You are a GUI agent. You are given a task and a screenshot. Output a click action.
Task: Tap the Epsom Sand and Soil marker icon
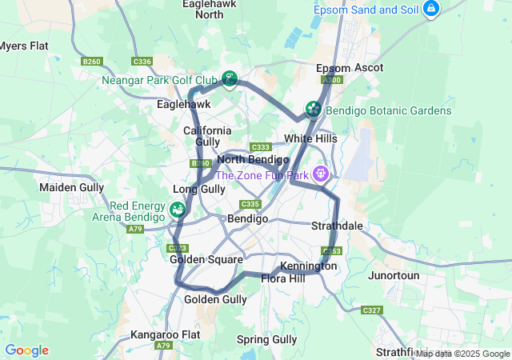coord(431,9)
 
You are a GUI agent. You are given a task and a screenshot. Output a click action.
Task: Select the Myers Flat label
coord(23,46)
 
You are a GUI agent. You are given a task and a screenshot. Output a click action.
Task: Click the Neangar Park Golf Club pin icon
coord(230,78)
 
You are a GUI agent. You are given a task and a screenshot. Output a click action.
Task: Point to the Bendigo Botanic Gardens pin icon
coord(314,108)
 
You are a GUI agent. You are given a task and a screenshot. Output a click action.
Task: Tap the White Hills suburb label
coord(310,138)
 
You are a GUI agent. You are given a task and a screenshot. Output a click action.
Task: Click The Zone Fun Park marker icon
coord(322,173)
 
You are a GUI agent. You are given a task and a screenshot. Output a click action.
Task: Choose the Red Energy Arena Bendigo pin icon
coord(178,210)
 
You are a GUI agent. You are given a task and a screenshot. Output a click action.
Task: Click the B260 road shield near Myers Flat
coord(93,62)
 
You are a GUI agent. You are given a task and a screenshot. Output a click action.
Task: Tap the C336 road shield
coord(142,62)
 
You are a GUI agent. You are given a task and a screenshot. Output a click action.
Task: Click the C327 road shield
coord(372,310)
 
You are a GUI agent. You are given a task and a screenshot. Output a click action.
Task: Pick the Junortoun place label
coord(394,275)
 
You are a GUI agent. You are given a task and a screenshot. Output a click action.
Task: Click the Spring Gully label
coord(266,339)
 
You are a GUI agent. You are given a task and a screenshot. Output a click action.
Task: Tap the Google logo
coord(26,350)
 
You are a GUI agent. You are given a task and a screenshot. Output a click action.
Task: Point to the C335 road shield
coord(249,204)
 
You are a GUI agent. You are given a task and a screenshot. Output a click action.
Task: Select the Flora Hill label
coord(282,279)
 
